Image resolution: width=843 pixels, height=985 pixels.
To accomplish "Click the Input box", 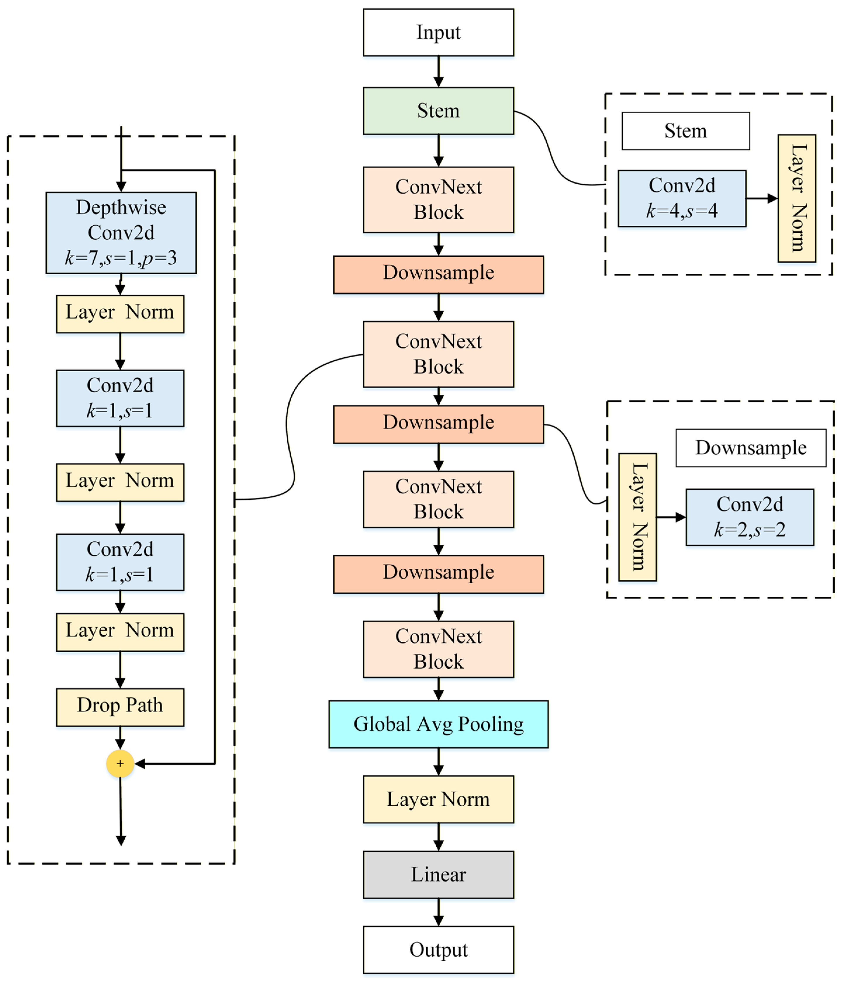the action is (x=438, y=32).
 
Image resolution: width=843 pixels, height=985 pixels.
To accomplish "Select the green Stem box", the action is (x=438, y=111).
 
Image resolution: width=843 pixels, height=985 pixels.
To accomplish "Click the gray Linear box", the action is (x=438, y=875).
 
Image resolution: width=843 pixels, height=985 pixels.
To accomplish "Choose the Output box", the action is (x=438, y=950).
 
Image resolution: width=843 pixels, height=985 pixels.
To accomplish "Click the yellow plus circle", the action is (x=120, y=764).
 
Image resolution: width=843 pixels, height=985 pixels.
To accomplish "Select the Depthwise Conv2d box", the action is (x=121, y=233).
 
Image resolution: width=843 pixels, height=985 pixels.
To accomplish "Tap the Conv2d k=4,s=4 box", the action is (x=682, y=198).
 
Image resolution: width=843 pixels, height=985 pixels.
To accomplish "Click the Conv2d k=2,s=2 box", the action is (x=750, y=517).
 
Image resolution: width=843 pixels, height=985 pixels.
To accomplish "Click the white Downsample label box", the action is (x=751, y=448).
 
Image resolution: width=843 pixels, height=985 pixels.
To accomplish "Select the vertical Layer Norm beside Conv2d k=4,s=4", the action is (x=797, y=198).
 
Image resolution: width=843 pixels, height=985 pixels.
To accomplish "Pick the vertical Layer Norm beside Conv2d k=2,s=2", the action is (x=638, y=517).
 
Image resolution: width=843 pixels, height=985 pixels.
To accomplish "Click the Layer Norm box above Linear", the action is (x=438, y=800).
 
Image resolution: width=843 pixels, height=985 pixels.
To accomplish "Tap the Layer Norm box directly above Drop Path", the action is (x=120, y=632).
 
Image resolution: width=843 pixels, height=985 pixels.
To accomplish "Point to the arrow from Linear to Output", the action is (x=439, y=912).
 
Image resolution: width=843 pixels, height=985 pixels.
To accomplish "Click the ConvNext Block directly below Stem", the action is (x=438, y=200).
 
